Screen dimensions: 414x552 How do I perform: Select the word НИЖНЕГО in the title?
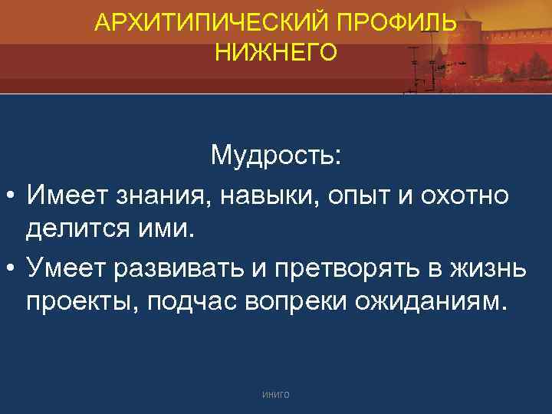[x=276, y=52]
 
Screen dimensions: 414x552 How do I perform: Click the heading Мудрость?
[x=277, y=157]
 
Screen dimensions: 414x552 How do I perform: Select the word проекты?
[x=87, y=301]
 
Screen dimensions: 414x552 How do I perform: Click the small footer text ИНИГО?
[x=276, y=393]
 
